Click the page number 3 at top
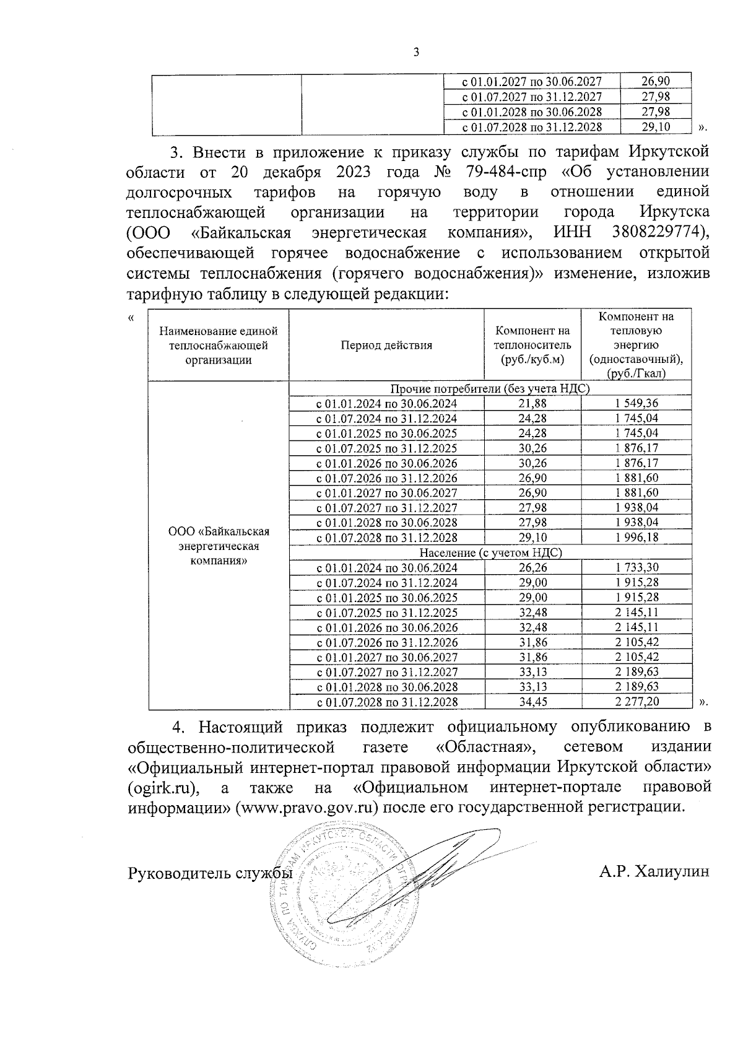[416, 53]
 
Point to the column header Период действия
[386, 345]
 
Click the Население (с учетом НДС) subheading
[490, 552]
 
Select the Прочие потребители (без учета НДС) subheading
[490, 388]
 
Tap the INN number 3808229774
[658, 232]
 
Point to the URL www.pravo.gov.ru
[307, 808]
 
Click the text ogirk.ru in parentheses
[164, 787]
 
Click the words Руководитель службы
[209, 873]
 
